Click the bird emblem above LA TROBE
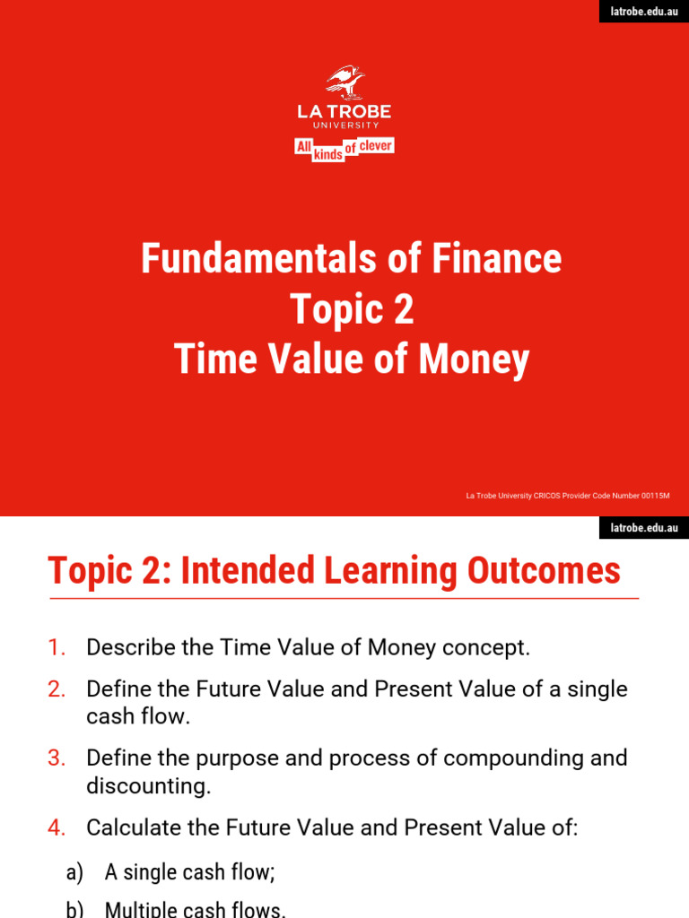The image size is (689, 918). tap(344, 82)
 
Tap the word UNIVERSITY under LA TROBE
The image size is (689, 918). tap(344, 126)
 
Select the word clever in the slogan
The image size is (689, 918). tap(376, 145)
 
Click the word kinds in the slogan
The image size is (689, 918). tap(328, 155)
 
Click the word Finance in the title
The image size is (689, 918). tap(506, 259)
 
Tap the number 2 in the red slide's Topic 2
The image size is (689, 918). tap(404, 310)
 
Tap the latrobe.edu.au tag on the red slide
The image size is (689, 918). tap(644, 12)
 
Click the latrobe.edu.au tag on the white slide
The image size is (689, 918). tap(644, 528)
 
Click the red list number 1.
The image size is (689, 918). tap(57, 647)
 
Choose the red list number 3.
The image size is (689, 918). tap(57, 758)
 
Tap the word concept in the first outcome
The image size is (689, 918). tap(492, 647)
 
